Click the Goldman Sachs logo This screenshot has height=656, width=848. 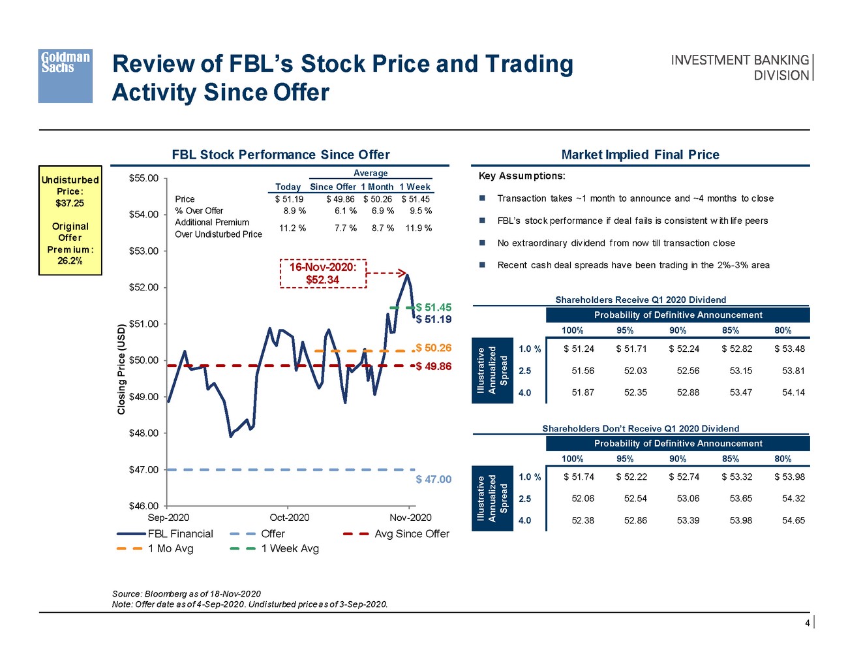pos(65,76)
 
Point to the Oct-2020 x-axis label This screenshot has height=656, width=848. pos(289,518)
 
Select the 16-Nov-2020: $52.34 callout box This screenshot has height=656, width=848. pos(323,273)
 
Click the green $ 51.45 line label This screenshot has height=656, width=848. pos(434,307)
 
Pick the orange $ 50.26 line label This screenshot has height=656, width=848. pos(434,348)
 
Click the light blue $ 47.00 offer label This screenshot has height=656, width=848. pos(434,479)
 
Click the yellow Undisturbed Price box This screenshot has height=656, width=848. pos(70,220)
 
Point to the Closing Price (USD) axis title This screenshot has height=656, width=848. pos(121,369)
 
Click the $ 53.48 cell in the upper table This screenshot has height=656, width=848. pos(789,349)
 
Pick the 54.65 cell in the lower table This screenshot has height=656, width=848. pos(793,521)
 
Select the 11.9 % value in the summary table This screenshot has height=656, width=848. pos(418,228)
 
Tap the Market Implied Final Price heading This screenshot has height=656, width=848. pos(640,155)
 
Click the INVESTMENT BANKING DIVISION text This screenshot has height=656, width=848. pos(740,68)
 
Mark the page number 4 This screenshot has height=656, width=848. pos(807,623)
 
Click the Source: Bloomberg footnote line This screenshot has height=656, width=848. pos(187,594)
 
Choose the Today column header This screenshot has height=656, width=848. pos(288,187)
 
